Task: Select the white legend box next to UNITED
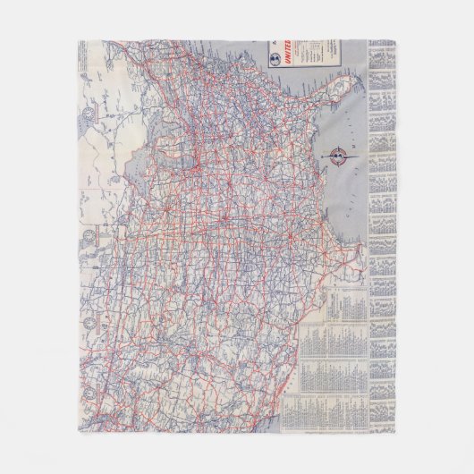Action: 315,54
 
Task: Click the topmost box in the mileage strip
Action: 382,49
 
